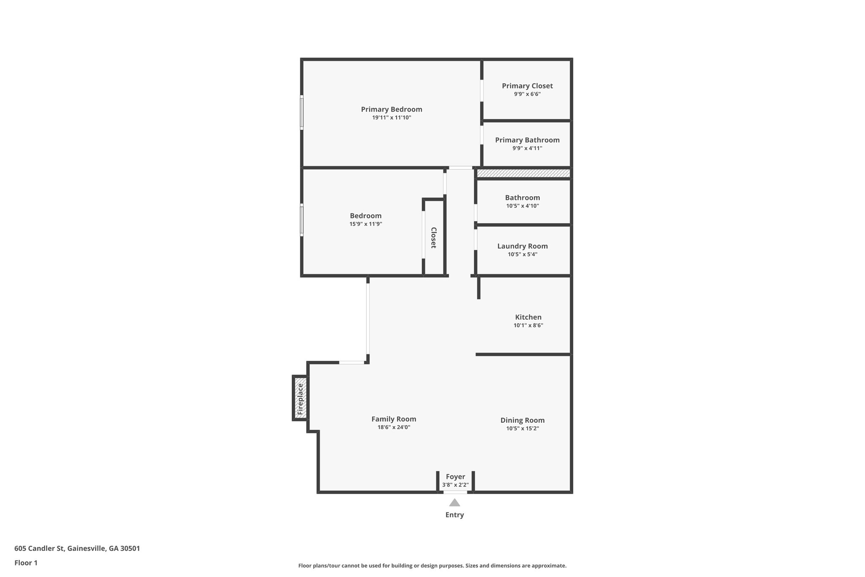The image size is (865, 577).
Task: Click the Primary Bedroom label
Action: (x=391, y=109)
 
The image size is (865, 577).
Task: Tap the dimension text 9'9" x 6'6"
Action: (x=527, y=94)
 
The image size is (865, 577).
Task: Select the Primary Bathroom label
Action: (x=527, y=140)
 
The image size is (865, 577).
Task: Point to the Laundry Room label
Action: (x=522, y=246)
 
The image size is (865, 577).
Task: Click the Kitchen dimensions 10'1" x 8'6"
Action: (x=528, y=325)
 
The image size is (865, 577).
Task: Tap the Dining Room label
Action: (x=522, y=420)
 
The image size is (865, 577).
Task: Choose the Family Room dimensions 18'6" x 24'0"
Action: (x=394, y=427)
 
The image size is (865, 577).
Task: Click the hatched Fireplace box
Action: (x=300, y=398)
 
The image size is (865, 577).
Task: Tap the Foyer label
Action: (x=455, y=477)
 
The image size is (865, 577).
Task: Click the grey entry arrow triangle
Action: (x=454, y=503)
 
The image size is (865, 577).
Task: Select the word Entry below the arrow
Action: (x=454, y=515)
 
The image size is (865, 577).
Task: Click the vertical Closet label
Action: (x=433, y=238)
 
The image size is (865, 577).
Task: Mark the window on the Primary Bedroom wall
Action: (x=302, y=112)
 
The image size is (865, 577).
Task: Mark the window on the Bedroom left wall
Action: (x=302, y=219)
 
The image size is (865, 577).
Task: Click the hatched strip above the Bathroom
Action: (x=523, y=173)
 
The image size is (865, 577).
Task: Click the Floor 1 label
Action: (x=26, y=563)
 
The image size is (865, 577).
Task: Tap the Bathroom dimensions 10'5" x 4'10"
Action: (x=522, y=206)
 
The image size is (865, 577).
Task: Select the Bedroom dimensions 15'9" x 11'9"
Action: (x=365, y=224)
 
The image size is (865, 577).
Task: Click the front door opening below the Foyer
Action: (x=455, y=492)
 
